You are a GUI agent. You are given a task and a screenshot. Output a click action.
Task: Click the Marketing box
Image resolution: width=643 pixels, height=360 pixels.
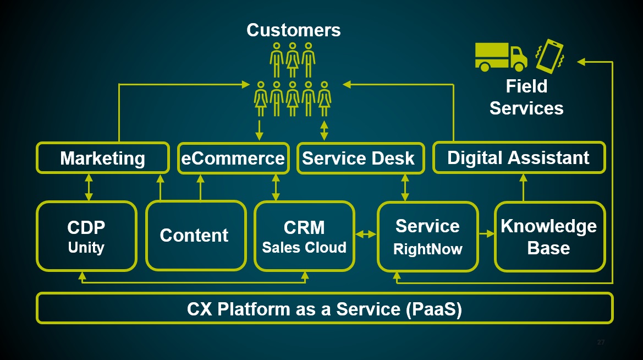102,159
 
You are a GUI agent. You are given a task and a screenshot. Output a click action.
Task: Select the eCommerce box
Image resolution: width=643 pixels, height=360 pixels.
233,159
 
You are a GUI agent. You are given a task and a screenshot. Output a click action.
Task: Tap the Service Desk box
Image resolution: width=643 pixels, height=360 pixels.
358,159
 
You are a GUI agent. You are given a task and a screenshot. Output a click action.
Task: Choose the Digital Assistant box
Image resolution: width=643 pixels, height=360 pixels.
518,158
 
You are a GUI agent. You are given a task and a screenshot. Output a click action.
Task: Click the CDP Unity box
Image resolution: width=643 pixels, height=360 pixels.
86,236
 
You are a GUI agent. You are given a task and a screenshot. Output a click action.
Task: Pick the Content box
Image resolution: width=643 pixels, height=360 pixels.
194,236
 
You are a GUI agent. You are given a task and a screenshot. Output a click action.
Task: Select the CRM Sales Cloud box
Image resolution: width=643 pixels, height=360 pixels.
304,236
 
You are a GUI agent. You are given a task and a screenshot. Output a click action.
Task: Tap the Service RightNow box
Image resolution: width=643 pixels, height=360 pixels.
427,236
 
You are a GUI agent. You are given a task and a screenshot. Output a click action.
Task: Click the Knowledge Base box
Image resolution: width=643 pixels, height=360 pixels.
548,236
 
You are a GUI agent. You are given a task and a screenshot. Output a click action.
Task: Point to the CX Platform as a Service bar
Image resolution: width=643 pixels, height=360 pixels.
324,309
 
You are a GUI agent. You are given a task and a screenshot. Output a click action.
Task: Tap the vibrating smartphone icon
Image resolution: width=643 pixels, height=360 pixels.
549,56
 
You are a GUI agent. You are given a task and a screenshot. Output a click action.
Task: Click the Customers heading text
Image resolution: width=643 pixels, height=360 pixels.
294,30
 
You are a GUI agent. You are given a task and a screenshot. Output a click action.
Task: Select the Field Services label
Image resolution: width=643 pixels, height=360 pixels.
526,97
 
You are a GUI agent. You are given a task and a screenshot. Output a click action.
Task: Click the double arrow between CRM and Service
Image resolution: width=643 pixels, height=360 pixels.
365,234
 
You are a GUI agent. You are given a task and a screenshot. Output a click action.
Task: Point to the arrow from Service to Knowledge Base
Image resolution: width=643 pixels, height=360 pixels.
487,234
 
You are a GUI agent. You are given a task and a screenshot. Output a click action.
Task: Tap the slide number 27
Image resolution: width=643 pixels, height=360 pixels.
601,342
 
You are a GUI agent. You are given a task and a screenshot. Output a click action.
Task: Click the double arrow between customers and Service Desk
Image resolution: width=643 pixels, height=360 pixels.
324,129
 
